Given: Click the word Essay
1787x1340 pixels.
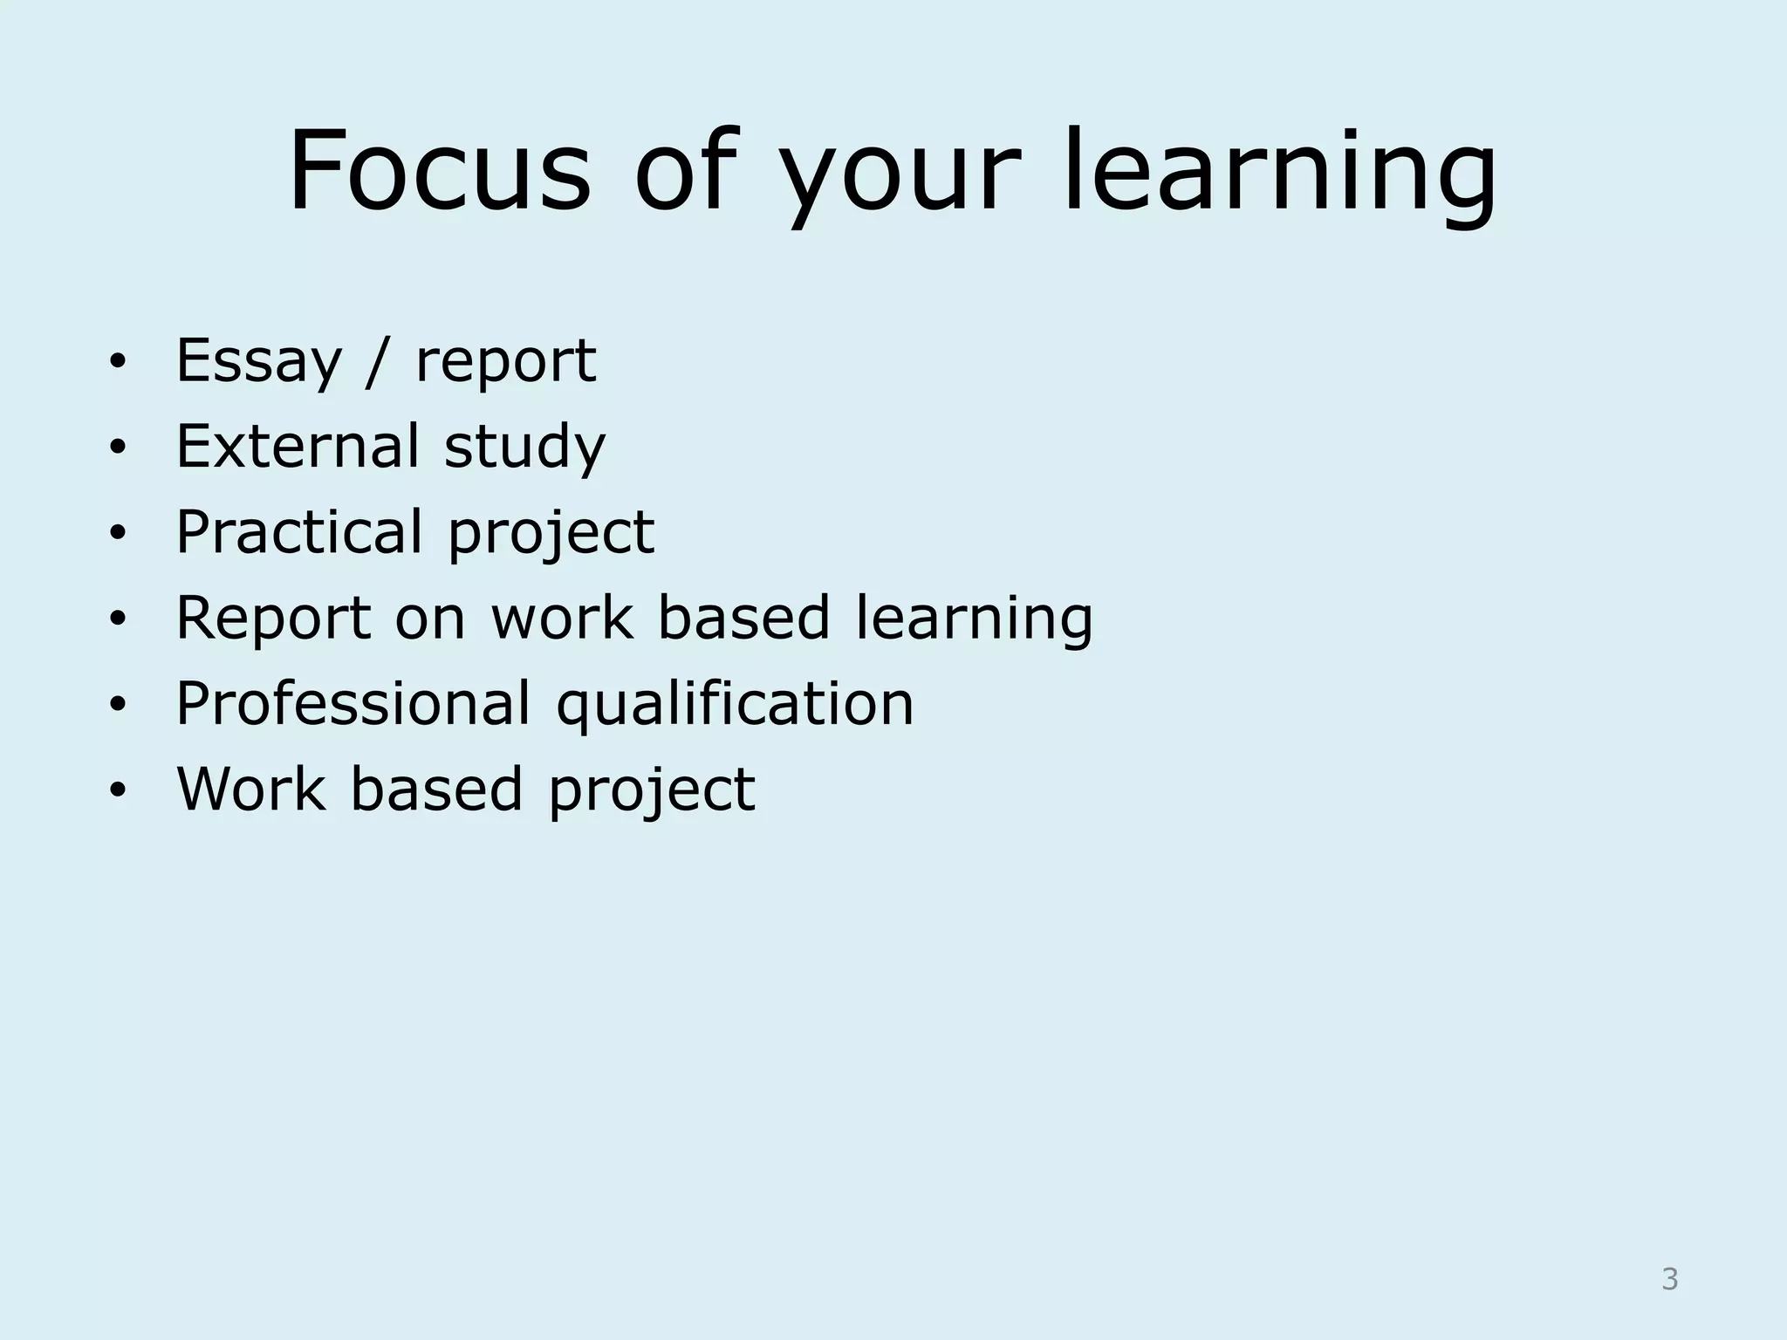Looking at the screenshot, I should click(x=258, y=362).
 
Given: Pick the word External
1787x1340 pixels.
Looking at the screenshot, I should click(x=297, y=446).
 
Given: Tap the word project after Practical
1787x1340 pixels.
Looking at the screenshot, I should click(x=551, y=535).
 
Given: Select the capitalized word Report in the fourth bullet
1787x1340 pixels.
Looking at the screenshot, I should click(x=273, y=619).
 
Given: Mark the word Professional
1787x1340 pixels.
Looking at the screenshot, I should click(x=353, y=703).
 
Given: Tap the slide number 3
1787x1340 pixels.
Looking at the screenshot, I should click(x=1669, y=1280).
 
